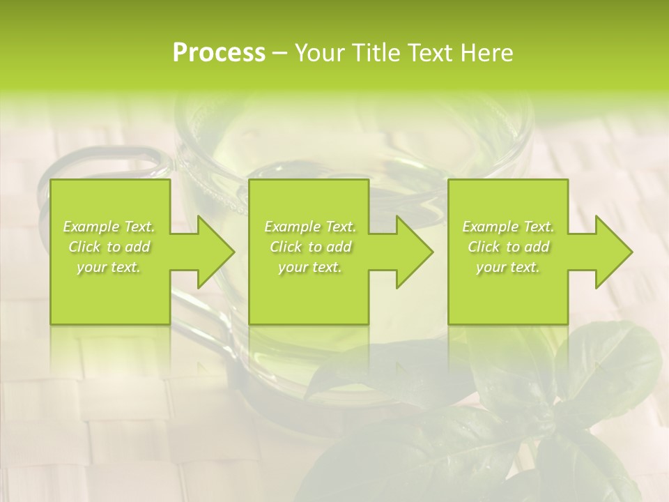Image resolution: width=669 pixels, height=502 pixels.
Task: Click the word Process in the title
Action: point(219,53)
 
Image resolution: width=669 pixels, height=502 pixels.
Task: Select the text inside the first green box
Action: point(109,247)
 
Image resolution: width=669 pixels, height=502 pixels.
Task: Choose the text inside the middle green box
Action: point(309,247)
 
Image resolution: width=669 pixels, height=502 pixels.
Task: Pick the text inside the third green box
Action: point(508,247)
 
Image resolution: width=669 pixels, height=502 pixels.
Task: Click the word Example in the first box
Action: point(91,227)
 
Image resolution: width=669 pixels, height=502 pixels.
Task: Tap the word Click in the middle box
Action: point(284,247)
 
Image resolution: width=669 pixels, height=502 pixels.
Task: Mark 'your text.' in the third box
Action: point(508,267)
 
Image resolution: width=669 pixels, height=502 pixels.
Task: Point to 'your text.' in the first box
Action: point(109,267)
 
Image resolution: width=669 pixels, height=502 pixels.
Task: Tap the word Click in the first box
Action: point(84,247)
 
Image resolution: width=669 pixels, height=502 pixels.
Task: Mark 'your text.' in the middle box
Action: point(309,267)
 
